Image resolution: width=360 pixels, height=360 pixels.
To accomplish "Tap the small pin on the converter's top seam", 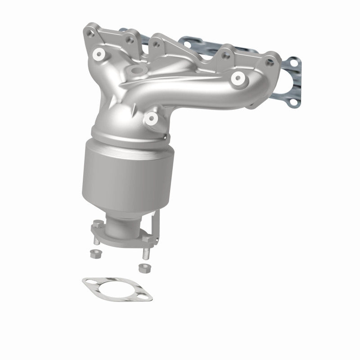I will click(166, 137).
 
